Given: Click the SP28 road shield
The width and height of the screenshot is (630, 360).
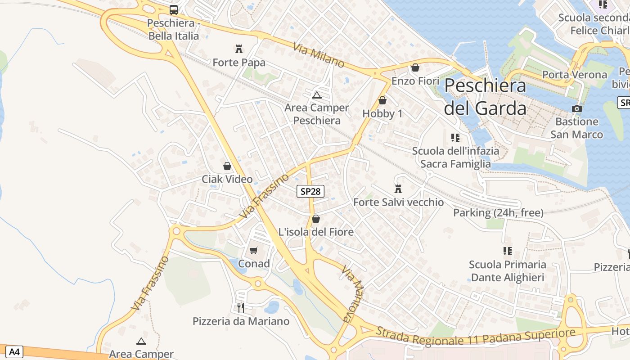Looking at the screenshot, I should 310,191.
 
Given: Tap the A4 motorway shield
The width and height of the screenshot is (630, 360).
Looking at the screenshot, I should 14,351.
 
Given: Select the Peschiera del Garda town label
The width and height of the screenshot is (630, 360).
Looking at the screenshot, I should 485,97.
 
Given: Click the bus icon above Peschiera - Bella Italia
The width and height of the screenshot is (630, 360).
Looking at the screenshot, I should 174,9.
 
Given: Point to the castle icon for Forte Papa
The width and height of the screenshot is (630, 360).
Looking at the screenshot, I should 238,49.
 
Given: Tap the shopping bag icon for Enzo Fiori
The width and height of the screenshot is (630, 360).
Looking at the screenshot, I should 415,67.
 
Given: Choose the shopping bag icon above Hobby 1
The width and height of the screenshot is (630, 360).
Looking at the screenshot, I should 382,100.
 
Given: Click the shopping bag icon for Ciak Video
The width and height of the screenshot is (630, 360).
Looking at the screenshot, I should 227,166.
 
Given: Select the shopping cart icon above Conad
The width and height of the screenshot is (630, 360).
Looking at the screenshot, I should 254,250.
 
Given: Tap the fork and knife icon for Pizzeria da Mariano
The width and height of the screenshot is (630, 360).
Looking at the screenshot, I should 241,307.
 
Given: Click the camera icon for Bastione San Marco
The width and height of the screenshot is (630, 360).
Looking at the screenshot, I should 576,108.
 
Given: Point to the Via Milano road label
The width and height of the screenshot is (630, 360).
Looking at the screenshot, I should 319,55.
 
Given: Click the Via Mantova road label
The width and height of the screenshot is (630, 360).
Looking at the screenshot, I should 352,293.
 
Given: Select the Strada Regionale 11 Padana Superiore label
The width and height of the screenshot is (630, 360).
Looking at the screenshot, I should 476,336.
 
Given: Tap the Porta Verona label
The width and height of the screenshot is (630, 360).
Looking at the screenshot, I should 575,75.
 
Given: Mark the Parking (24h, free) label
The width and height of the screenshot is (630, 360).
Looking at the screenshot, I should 498,212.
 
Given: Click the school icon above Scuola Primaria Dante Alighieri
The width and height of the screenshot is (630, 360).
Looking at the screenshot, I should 508,251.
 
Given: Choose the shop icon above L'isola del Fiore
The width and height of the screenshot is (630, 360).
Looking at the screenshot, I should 316,219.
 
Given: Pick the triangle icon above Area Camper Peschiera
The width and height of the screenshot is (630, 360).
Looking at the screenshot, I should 317,95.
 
